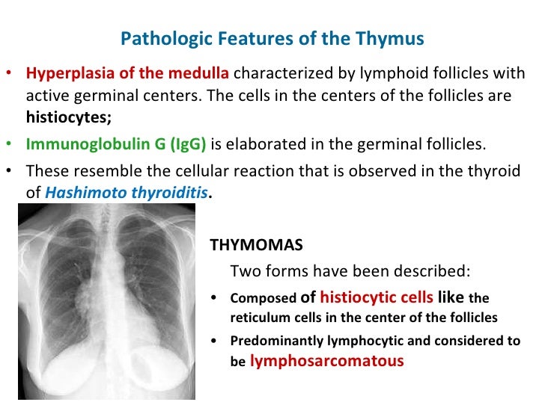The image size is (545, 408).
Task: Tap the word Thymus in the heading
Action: coord(398,38)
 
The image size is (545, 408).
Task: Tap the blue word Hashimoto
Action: coord(80,192)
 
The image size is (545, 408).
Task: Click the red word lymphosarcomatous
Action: coord(326,361)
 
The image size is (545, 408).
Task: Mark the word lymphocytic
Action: coord(374,341)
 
